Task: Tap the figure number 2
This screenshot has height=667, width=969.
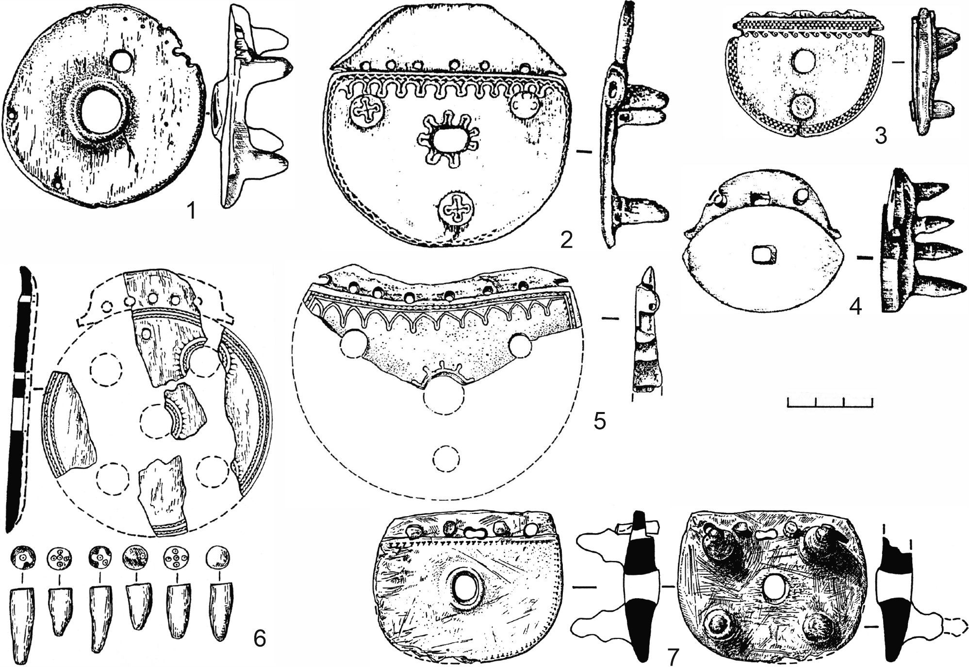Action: [x=566, y=239]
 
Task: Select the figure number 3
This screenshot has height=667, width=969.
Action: [x=881, y=136]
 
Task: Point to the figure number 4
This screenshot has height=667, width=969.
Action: [x=855, y=306]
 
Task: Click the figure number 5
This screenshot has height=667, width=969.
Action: [x=600, y=421]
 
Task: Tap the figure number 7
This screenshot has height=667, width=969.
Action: [x=672, y=657]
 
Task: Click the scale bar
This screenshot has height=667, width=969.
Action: [x=830, y=402]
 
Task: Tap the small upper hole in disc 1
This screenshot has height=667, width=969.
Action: [x=121, y=60]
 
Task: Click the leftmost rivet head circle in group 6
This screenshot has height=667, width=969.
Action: [x=22, y=557]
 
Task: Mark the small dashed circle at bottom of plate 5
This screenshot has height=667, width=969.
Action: [x=445, y=459]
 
